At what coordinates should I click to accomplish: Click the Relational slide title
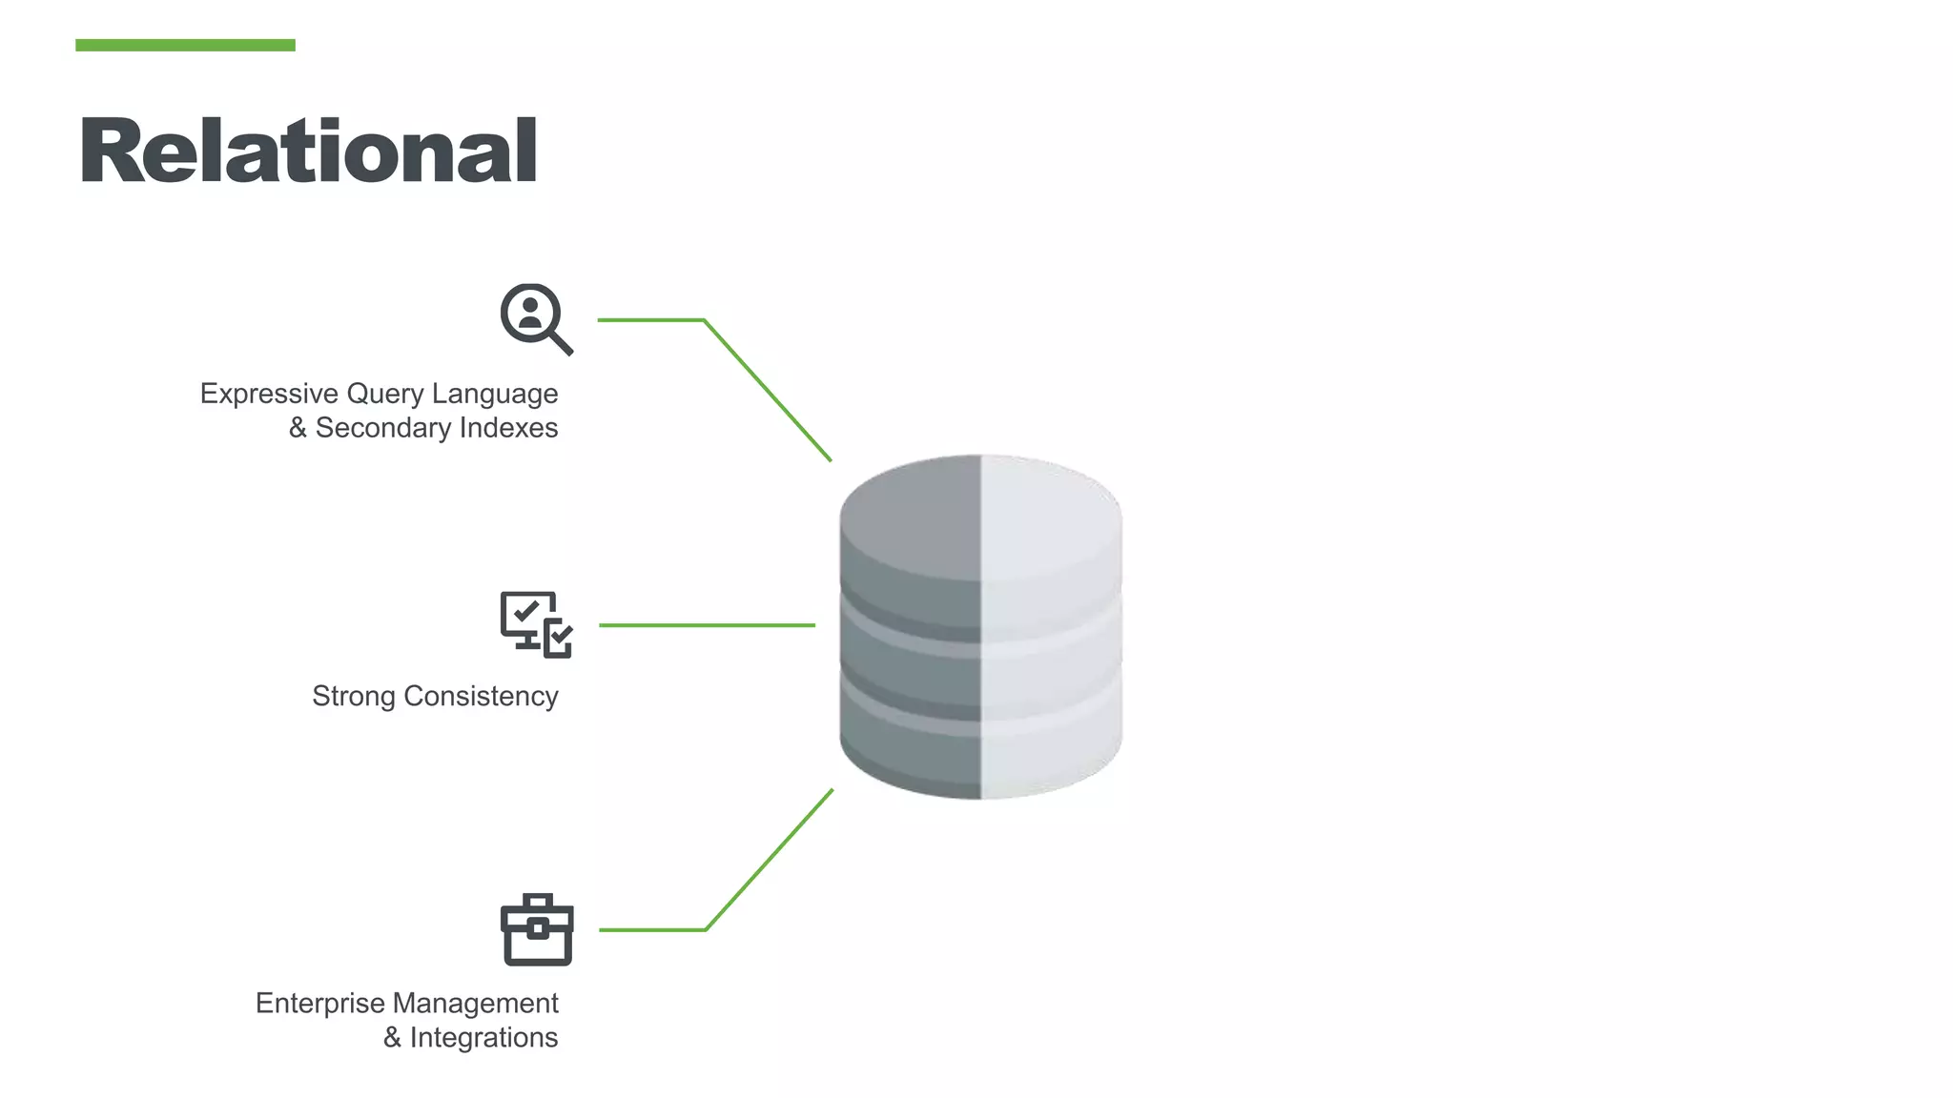click(x=308, y=150)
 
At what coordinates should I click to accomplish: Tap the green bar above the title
click(x=185, y=45)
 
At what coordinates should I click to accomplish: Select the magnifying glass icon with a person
click(x=535, y=318)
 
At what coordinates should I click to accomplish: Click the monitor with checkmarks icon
click(x=536, y=624)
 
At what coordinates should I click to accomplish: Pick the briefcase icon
click(x=537, y=930)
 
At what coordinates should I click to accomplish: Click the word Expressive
click(x=269, y=394)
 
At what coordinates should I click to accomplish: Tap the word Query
click(x=385, y=394)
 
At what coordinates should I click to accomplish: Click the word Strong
click(x=353, y=697)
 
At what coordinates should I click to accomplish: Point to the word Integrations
click(x=483, y=1038)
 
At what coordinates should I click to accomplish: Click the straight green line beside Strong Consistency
click(x=707, y=625)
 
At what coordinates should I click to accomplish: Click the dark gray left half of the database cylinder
click(x=911, y=629)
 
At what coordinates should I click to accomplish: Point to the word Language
click(x=495, y=394)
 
